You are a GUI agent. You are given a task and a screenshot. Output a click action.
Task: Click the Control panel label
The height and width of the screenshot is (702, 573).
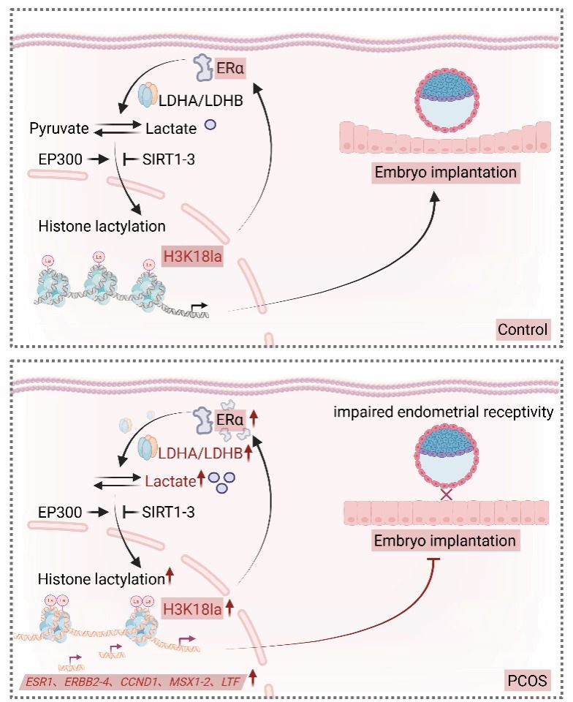click(x=523, y=329)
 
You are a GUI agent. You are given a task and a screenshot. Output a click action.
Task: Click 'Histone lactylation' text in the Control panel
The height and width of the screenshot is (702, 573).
click(x=102, y=225)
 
